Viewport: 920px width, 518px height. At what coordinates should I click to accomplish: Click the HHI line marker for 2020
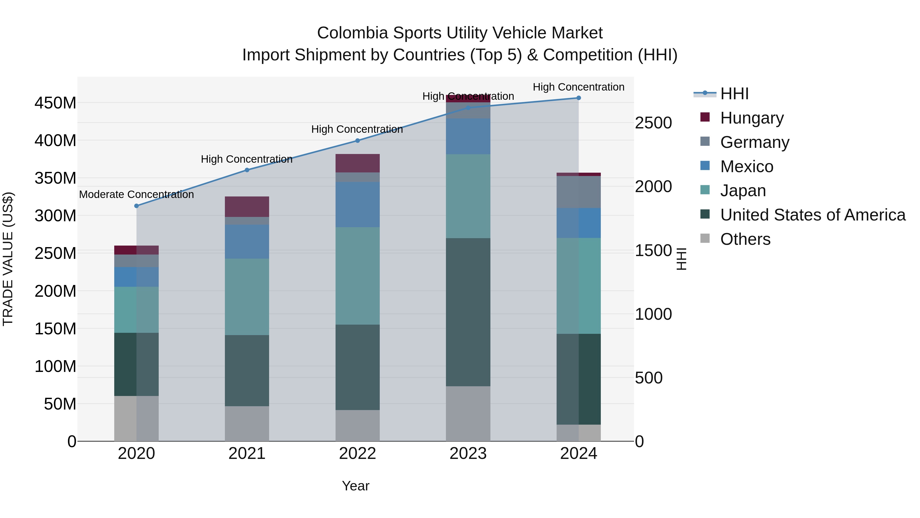pyautogui.click(x=136, y=206)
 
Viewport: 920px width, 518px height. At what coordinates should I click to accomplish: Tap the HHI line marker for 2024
pyautogui.click(x=579, y=98)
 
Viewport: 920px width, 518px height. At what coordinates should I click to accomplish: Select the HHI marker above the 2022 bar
pyautogui.click(x=358, y=141)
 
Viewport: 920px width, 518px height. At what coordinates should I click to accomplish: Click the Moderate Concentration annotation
pyautogui.click(x=136, y=194)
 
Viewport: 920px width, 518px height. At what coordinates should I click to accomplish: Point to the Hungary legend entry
pyautogui.click(x=752, y=118)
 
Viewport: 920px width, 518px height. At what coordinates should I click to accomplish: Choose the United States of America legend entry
pyautogui.click(x=812, y=215)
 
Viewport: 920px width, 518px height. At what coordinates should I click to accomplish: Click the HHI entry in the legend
pyautogui.click(x=734, y=94)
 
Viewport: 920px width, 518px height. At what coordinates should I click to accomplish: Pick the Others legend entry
pyautogui.click(x=745, y=239)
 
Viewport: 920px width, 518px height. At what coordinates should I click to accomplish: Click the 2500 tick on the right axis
pyautogui.click(x=653, y=123)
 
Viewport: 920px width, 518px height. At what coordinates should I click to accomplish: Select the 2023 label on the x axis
pyautogui.click(x=468, y=454)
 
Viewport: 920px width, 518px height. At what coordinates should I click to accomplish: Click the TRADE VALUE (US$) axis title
pyautogui.click(x=8, y=259)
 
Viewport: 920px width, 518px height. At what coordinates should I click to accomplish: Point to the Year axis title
pyautogui.click(x=355, y=486)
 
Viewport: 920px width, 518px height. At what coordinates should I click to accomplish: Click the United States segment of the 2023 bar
pyautogui.click(x=468, y=312)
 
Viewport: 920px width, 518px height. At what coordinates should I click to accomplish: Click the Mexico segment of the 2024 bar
pyautogui.click(x=579, y=223)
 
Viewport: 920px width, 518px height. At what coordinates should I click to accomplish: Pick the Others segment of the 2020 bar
pyautogui.click(x=136, y=418)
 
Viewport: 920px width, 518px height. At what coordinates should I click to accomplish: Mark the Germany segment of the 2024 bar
pyautogui.click(x=579, y=192)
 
